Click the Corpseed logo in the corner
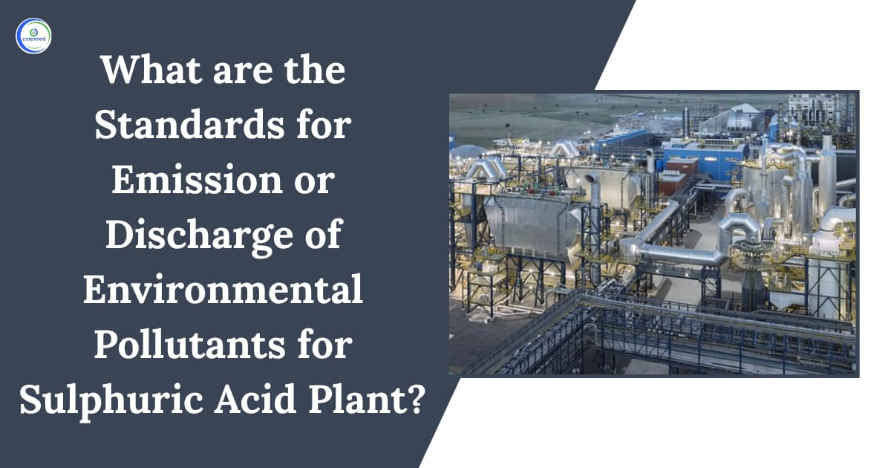click(x=33, y=35)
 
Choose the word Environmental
click(x=223, y=291)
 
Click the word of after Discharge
click(x=321, y=236)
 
